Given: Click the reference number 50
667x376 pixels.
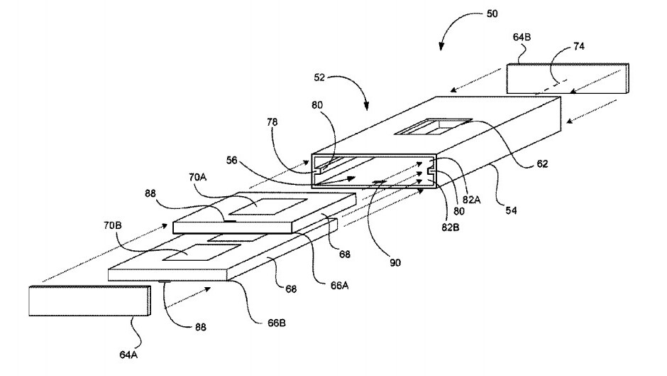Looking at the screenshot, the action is click(492, 14).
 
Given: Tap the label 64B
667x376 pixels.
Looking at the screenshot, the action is click(522, 38).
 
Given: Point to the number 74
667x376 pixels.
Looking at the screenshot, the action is click(579, 46).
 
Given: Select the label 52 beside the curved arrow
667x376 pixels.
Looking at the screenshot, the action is click(319, 77).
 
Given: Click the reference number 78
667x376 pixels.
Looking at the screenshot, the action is click(272, 122).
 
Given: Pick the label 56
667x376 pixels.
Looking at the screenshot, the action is click(231, 161).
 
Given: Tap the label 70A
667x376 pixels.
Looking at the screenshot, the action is click(197, 177).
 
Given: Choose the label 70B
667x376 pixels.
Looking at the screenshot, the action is click(112, 225).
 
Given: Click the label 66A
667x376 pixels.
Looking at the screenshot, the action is click(340, 286).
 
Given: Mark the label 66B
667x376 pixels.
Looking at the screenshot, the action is click(277, 323).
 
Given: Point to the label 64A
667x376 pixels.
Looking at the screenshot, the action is click(128, 354).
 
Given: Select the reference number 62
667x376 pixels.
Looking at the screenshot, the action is click(542, 164).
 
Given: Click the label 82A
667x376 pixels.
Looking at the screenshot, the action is click(471, 199).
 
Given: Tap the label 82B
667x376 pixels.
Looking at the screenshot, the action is click(450, 227).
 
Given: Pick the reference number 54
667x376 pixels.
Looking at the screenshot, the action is click(511, 210).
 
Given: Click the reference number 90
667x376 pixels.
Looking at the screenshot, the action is click(395, 262).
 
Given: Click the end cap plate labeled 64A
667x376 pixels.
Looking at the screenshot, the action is click(89, 301).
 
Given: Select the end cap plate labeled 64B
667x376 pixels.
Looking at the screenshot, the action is click(568, 78).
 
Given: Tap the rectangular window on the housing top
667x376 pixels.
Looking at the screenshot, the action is click(433, 127).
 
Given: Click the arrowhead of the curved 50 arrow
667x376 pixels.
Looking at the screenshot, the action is click(441, 47).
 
